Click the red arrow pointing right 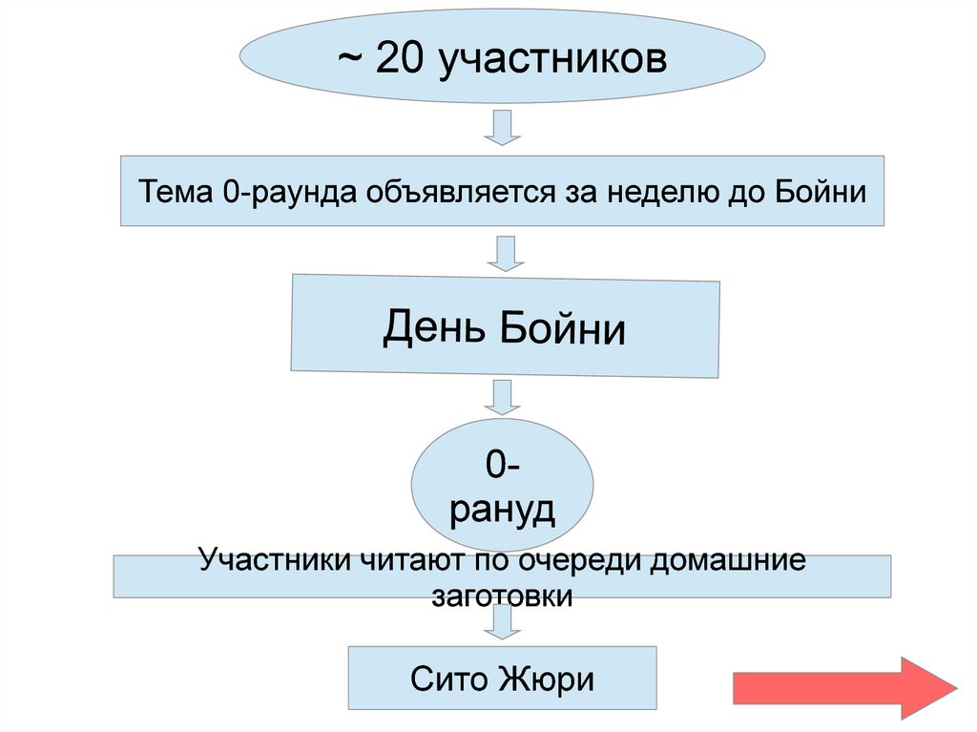click(x=843, y=687)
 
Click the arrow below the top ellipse click(x=502, y=127)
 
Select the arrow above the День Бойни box click(x=502, y=253)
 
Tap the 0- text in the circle click(x=502, y=466)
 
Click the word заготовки click(x=502, y=596)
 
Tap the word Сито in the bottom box click(x=448, y=680)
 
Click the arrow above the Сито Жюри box click(x=502, y=625)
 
